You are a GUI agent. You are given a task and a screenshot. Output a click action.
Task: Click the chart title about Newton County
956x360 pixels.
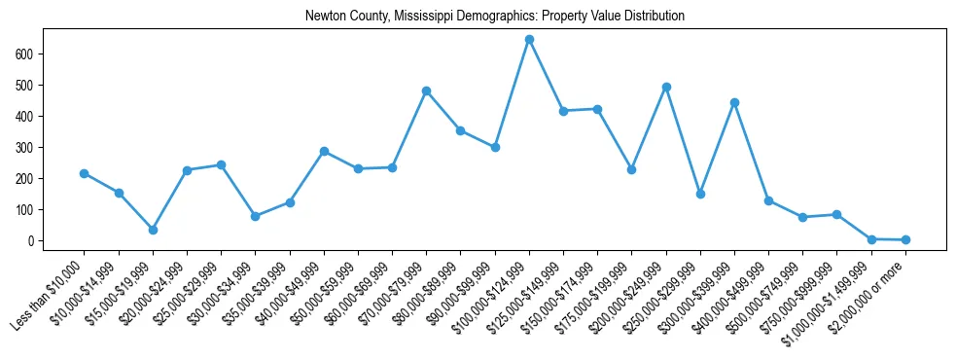(x=494, y=17)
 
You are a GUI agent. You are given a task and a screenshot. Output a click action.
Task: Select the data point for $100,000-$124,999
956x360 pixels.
(x=529, y=39)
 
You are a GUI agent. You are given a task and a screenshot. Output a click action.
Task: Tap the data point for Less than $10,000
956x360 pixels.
(x=85, y=173)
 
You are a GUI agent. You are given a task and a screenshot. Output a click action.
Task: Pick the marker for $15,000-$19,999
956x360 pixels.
(x=153, y=230)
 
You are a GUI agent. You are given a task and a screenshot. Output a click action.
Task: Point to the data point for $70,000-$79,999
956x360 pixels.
(x=426, y=90)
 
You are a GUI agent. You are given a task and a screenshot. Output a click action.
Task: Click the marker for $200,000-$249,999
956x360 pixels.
(x=666, y=87)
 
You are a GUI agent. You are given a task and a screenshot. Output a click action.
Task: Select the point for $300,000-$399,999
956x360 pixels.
(x=734, y=102)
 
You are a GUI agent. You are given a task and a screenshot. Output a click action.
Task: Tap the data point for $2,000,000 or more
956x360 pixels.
(x=905, y=239)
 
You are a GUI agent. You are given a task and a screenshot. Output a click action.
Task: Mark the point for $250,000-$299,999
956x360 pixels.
(x=700, y=194)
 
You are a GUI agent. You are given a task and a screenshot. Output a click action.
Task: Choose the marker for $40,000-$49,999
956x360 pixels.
(x=324, y=151)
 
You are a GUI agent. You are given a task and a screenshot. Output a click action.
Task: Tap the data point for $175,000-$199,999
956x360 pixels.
(x=632, y=169)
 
